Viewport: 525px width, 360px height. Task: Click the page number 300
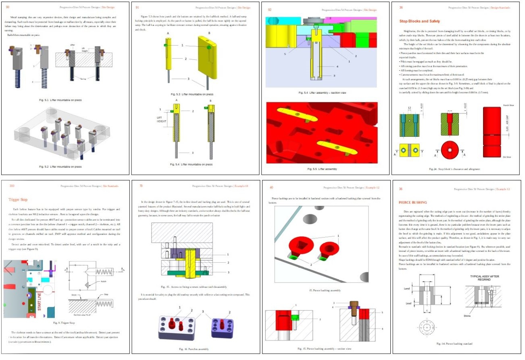tap(12, 186)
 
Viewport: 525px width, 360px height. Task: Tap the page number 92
tap(270, 7)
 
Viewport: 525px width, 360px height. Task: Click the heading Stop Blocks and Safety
tap(419, 21)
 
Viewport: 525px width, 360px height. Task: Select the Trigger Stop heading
tap(18, 199)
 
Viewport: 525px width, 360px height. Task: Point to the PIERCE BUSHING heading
tap(413, 202)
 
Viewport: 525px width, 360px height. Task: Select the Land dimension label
tap(406, 289)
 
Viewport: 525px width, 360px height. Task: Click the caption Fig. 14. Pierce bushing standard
tap(454, 343)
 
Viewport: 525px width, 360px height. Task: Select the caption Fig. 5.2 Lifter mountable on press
tap(60, 166)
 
